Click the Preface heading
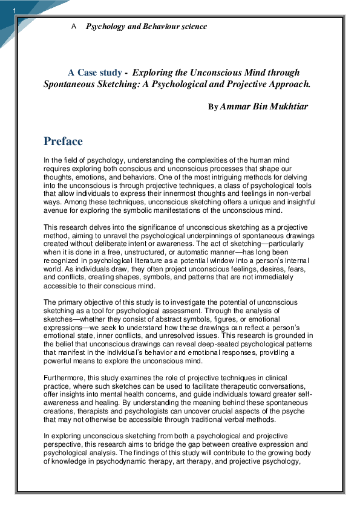point(63,141)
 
